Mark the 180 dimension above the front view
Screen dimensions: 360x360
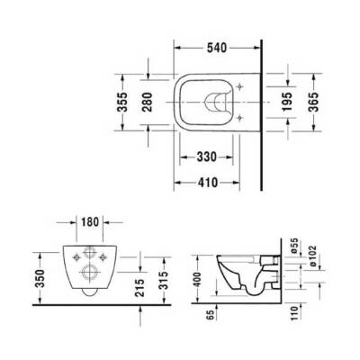(x=87, y=220)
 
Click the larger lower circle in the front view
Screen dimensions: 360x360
(x=87, y=270)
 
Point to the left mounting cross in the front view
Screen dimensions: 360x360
(x=67, y=256)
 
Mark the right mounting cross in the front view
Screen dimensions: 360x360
(x=107, y=256)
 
